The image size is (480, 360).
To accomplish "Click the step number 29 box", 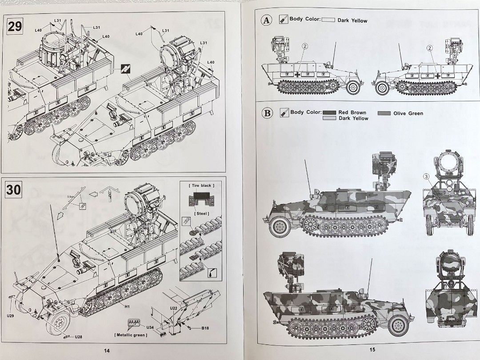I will (15, 26).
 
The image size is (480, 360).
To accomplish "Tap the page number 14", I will (106, 350).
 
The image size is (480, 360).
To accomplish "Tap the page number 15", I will (372, 349).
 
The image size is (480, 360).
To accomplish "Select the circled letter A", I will (267, 20).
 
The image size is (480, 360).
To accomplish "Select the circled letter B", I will (267, 113).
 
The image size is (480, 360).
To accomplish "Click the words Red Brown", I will (352, 113).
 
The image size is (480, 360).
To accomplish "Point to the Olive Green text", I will (408, 113).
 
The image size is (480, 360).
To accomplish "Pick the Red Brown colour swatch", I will (329, 113).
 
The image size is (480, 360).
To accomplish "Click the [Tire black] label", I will (201, 185).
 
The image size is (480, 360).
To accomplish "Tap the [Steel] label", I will (201, 213).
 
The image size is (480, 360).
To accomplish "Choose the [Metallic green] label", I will (131, 335).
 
